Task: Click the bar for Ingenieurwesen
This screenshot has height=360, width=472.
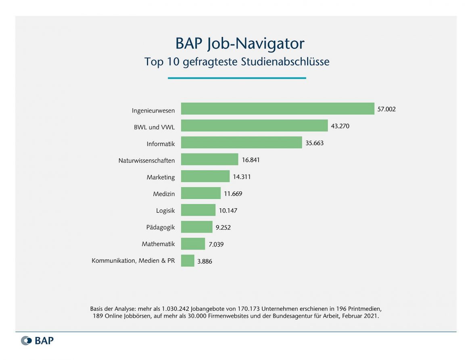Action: (278, 109)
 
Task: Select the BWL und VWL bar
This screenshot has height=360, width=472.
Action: (254, 126)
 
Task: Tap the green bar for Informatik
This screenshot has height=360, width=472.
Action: (241, 142)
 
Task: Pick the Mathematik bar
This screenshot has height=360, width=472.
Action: (193, 244)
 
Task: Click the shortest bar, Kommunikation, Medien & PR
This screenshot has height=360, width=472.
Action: (188, 261)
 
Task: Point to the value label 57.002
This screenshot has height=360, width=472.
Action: (386, 109)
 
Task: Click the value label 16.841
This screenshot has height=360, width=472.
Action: (251, 160)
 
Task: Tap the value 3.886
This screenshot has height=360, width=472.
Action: (205, 262)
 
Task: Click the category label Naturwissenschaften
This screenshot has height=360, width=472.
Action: (146, 160)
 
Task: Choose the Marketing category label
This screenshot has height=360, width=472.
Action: (161, 177)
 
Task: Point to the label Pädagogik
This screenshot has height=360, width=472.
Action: (160, 227)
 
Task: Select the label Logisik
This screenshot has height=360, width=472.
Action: (165, 210)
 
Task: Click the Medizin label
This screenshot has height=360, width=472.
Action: (164, 194)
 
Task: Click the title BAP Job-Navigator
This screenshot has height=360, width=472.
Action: (240, 44)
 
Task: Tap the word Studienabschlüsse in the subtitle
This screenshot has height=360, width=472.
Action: (285, 62)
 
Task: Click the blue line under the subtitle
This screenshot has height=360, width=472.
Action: (237, 78)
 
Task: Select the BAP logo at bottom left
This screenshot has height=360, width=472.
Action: (37, 340)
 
